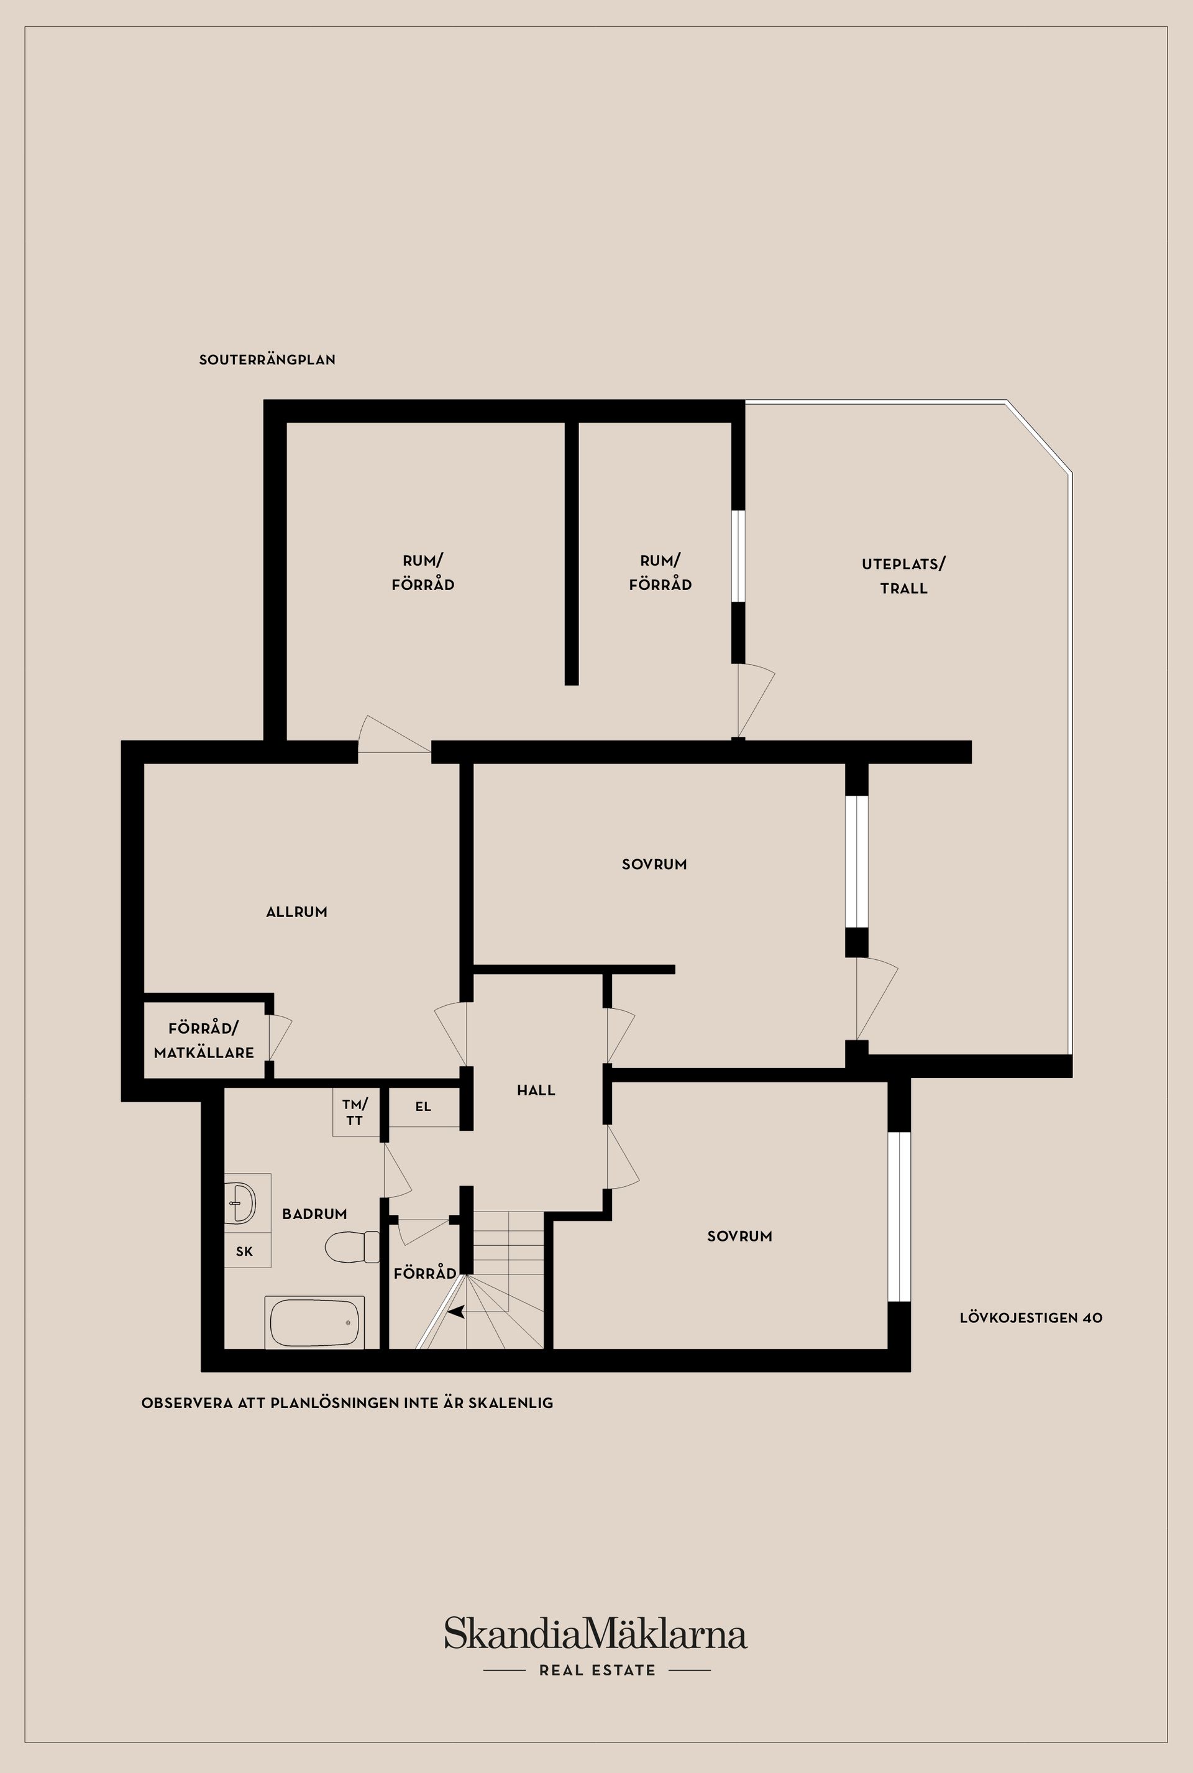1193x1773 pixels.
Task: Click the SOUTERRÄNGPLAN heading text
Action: pyautogui.click(x=267, y=360)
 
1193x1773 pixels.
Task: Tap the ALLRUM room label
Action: pyautogui.click(x=297, y=912)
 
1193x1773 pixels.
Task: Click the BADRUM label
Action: pyautogui.click(x=314, y=1214)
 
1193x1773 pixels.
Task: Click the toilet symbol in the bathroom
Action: pyautogui.click(x=352, y=1247)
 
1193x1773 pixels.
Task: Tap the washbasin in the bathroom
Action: pyautogui.click(x=242, y=1204)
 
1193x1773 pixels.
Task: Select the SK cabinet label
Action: pyautogui.click(x=244, y=1251)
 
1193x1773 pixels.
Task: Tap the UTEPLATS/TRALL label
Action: pyautogui.click(x=903, y=576)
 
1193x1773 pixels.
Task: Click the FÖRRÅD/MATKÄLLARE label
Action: pyautogui.click(x=204, y=1041)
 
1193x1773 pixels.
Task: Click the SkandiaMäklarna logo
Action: pyautogui.click(x=596, y=1635)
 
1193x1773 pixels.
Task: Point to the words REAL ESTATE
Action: pyautogui.click(x=597, y=1671)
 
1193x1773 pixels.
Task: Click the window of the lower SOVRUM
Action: pyautogui.click(x=899, y=1217)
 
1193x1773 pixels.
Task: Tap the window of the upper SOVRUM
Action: pyautogui.click(x=857, y=862)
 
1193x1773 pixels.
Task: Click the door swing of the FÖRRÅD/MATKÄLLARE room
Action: pyautogui.click(x=279, y=1038)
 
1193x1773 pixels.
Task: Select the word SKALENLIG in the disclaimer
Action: pyautogui.click(x=511, y=1403)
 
